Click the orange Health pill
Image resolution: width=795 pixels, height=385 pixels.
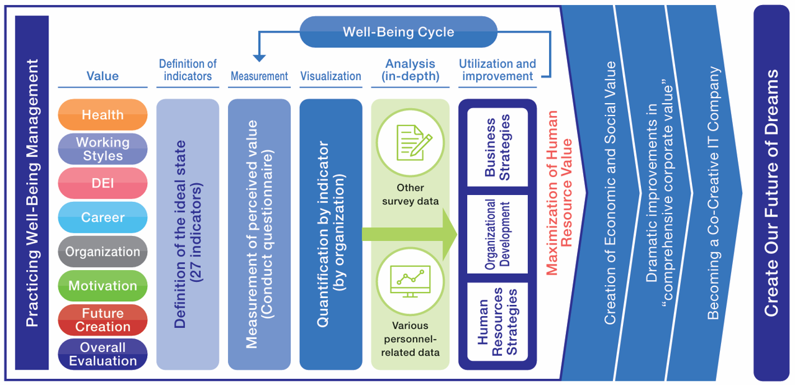(102, 115)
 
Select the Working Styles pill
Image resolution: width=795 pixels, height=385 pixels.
(102, 149)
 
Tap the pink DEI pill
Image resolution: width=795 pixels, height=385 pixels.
(102, 183)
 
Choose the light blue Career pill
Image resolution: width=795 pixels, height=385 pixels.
(102, 217)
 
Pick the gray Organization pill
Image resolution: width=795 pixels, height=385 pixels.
(102, 251)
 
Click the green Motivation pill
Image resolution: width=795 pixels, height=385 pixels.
(102, 286)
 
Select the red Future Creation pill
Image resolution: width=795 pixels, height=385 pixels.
(102, 320)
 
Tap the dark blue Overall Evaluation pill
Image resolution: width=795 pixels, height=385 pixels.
(102, 354)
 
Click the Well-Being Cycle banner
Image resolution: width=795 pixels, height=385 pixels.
(398, 32)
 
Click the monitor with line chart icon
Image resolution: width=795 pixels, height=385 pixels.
(410, 279)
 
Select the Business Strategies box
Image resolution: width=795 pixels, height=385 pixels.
(497, 147)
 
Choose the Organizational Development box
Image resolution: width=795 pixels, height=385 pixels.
(497, 234)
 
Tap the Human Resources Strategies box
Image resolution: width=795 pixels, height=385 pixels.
(497, 321)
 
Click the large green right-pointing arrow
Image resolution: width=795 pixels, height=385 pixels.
(410, 235)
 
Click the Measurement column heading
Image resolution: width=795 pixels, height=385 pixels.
(259, 76)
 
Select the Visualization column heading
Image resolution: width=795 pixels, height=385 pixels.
(330, 76)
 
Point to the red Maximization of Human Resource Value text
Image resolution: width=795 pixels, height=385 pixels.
(558, 192)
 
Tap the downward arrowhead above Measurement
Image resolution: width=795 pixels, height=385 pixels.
(259, 58)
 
